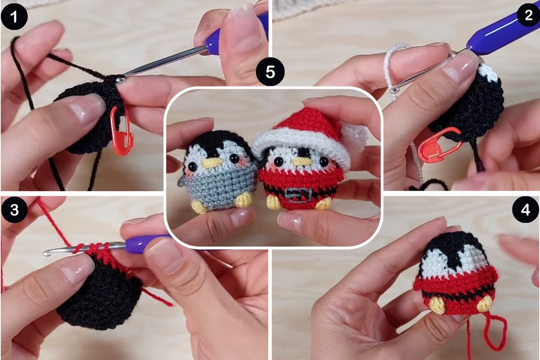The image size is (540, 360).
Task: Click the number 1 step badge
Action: coord(14,17)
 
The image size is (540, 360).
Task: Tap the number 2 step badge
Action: coord(529,15)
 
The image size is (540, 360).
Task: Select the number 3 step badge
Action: coord(14,209)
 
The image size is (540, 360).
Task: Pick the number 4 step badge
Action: coord(525,209)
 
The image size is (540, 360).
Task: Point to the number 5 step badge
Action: coord(271,72)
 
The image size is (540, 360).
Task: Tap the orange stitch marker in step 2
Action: coord(438,144)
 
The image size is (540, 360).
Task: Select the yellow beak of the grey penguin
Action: coord(212,163)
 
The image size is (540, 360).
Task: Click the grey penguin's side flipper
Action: coord(183,181)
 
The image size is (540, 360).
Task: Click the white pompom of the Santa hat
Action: coord(355,136)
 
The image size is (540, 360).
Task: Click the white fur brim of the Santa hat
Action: coord(303,145)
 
